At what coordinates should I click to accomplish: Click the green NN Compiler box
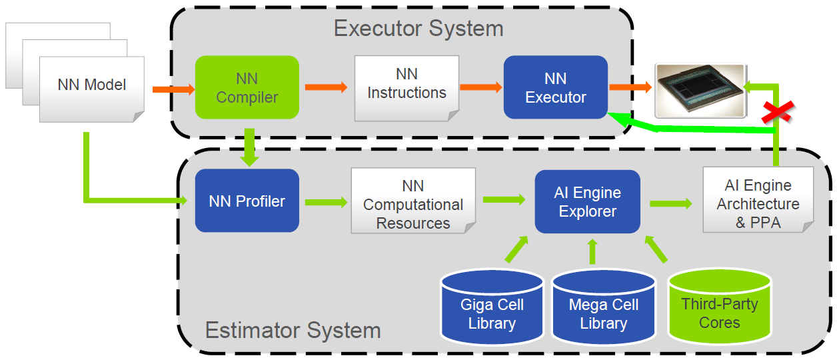click(247, 87)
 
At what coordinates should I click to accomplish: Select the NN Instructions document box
click(407, 87)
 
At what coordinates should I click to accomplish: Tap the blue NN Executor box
click(555, 87)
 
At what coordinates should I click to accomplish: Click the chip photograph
click(700, 87)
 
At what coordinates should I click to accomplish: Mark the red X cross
click(776, 111)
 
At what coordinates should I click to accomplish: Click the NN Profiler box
click(247, 201)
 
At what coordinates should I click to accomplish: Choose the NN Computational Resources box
click(413, 203)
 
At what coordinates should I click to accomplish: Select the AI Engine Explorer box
click(587, 202)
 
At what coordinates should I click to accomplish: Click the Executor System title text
click(418, 29)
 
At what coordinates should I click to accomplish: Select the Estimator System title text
click(293, 330)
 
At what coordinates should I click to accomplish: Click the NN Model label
click(91, 85)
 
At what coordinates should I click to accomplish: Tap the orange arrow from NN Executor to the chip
click(630, 87)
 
